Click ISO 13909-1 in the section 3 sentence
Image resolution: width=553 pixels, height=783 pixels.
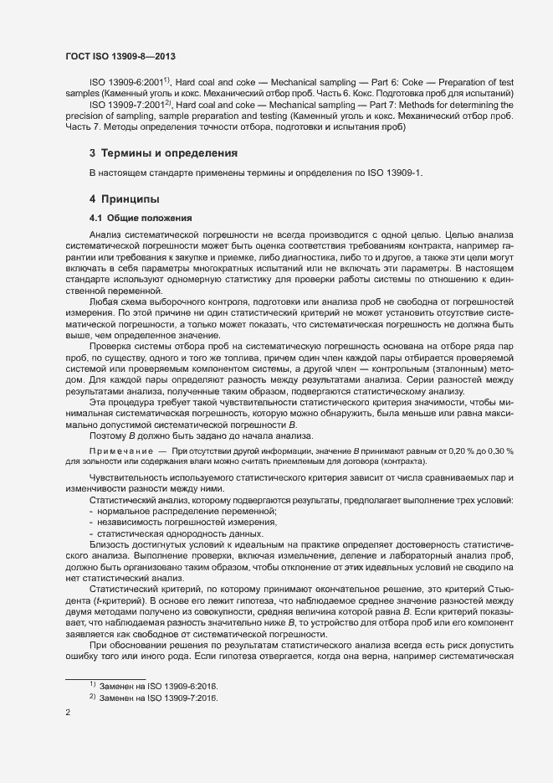tap(392, 173)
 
